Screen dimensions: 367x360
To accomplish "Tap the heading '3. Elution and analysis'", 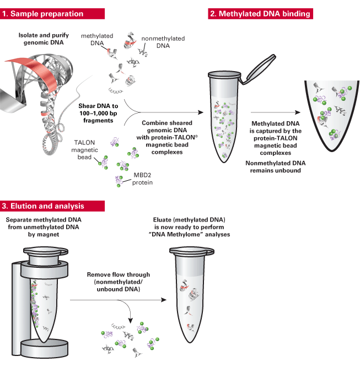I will pos(43,206).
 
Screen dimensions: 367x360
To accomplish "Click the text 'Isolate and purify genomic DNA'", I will pos(42,39).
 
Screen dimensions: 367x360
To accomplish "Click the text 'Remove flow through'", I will pos(118,274).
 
